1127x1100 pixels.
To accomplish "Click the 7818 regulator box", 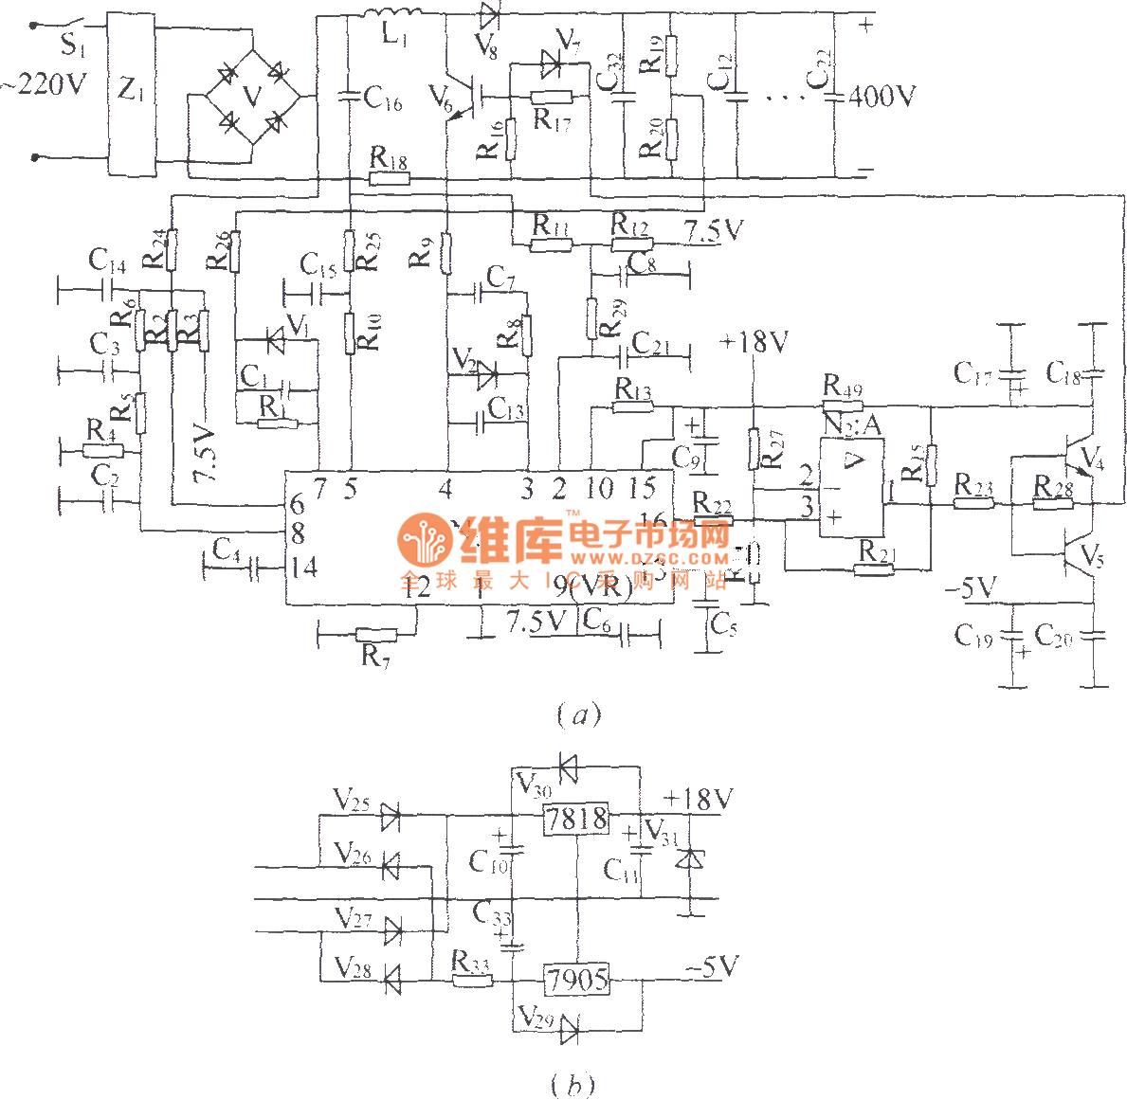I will (576, 819).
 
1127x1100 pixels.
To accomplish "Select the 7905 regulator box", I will (576, 978).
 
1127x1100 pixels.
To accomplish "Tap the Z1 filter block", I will (131, 94).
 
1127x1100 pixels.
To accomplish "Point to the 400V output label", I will (882, 96).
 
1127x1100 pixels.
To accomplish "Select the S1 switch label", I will (72, 44).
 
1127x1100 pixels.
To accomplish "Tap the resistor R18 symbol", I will (389, 177).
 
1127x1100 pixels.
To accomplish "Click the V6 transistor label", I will (442, 97).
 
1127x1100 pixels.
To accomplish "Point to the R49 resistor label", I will (842, 386).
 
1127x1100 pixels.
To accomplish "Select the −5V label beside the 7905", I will (713, 966).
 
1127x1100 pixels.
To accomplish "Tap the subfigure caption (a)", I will (578, 714).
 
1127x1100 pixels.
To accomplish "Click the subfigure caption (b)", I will (573, 1084).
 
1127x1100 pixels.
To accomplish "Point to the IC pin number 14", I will (303, 568).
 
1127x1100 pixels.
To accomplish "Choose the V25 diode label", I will (351, 801).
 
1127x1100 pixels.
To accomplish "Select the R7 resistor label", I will (375, 656).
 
